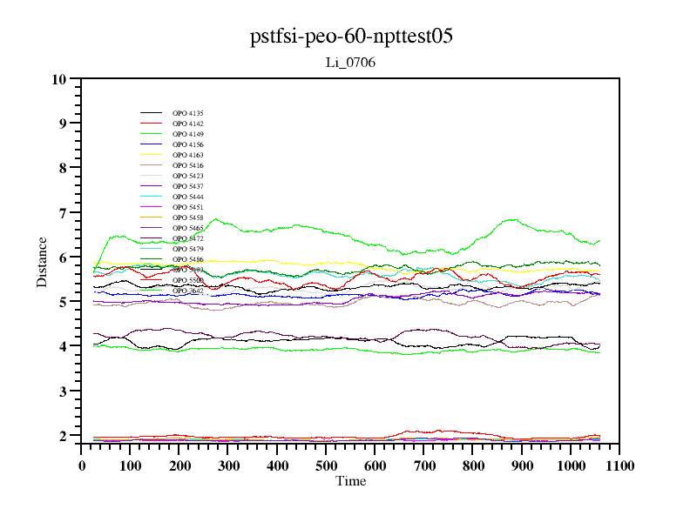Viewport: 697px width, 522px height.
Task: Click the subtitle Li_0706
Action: pyautogui.click(x=350, y=62)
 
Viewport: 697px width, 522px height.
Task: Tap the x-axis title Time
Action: pyautogui.click(x=351, y=481)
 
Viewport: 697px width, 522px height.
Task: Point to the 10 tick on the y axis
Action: pyautogui.click(x=59, y=79)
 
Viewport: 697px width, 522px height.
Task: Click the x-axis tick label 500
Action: pyautogui.click(x=326, y=465)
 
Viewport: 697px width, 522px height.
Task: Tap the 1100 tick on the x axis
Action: pyautogui.click(x=619, y=465)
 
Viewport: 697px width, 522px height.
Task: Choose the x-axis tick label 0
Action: pyautogui.click(x=82, y=465)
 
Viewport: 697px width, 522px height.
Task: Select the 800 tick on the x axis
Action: pyautogui.click(x=473, y=465)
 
